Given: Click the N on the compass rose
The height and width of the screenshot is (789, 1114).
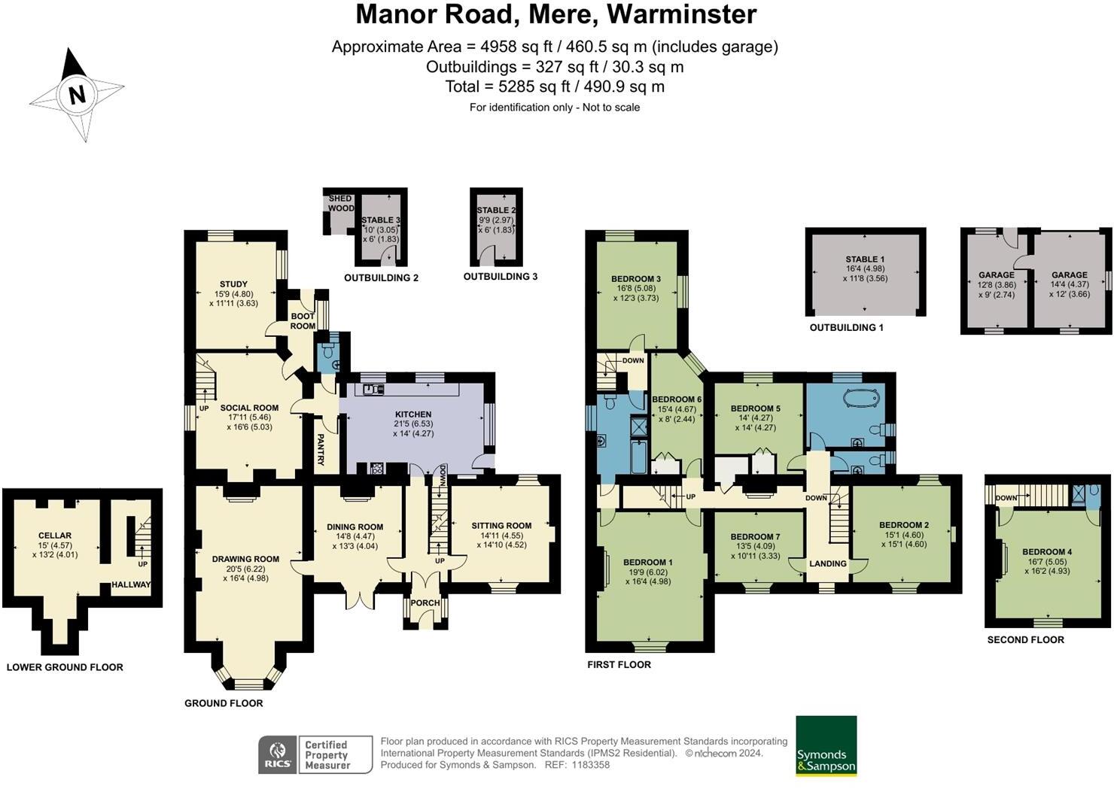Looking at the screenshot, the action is tap(77, 95).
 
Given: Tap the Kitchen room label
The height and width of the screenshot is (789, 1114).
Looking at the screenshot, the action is tap(413, 414).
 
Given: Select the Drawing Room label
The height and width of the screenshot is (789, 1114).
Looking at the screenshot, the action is tap(245, 559).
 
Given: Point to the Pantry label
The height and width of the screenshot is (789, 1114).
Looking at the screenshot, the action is tap(321, 450).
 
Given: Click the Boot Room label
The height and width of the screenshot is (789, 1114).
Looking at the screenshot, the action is tap(303, 321).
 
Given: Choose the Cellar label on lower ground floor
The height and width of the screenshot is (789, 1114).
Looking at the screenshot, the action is tap(55, 535).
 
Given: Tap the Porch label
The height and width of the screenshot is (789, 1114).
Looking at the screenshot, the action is tap(425, 602).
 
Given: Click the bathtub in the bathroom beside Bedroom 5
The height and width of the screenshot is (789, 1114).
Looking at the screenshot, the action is tap(862, 398).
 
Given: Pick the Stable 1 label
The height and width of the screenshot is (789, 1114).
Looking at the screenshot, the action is tap(865, 259).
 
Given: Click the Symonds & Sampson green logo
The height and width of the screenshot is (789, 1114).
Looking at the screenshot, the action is tap(826, 745).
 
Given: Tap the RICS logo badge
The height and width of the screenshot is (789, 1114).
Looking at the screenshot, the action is tap(278, 754).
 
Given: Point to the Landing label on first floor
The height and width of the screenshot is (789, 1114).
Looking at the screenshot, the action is tap(827, 563).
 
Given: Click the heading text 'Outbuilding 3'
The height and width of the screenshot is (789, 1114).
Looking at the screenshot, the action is tap(501, 276).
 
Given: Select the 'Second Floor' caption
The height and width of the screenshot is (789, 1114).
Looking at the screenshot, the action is tap(1025, 639).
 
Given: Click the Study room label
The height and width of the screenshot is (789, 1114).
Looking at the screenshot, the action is tap(233, 284).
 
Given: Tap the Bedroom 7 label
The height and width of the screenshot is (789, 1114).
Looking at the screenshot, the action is tap(755, 536).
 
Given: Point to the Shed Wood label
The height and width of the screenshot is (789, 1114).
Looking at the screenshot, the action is tap(341, 203).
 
